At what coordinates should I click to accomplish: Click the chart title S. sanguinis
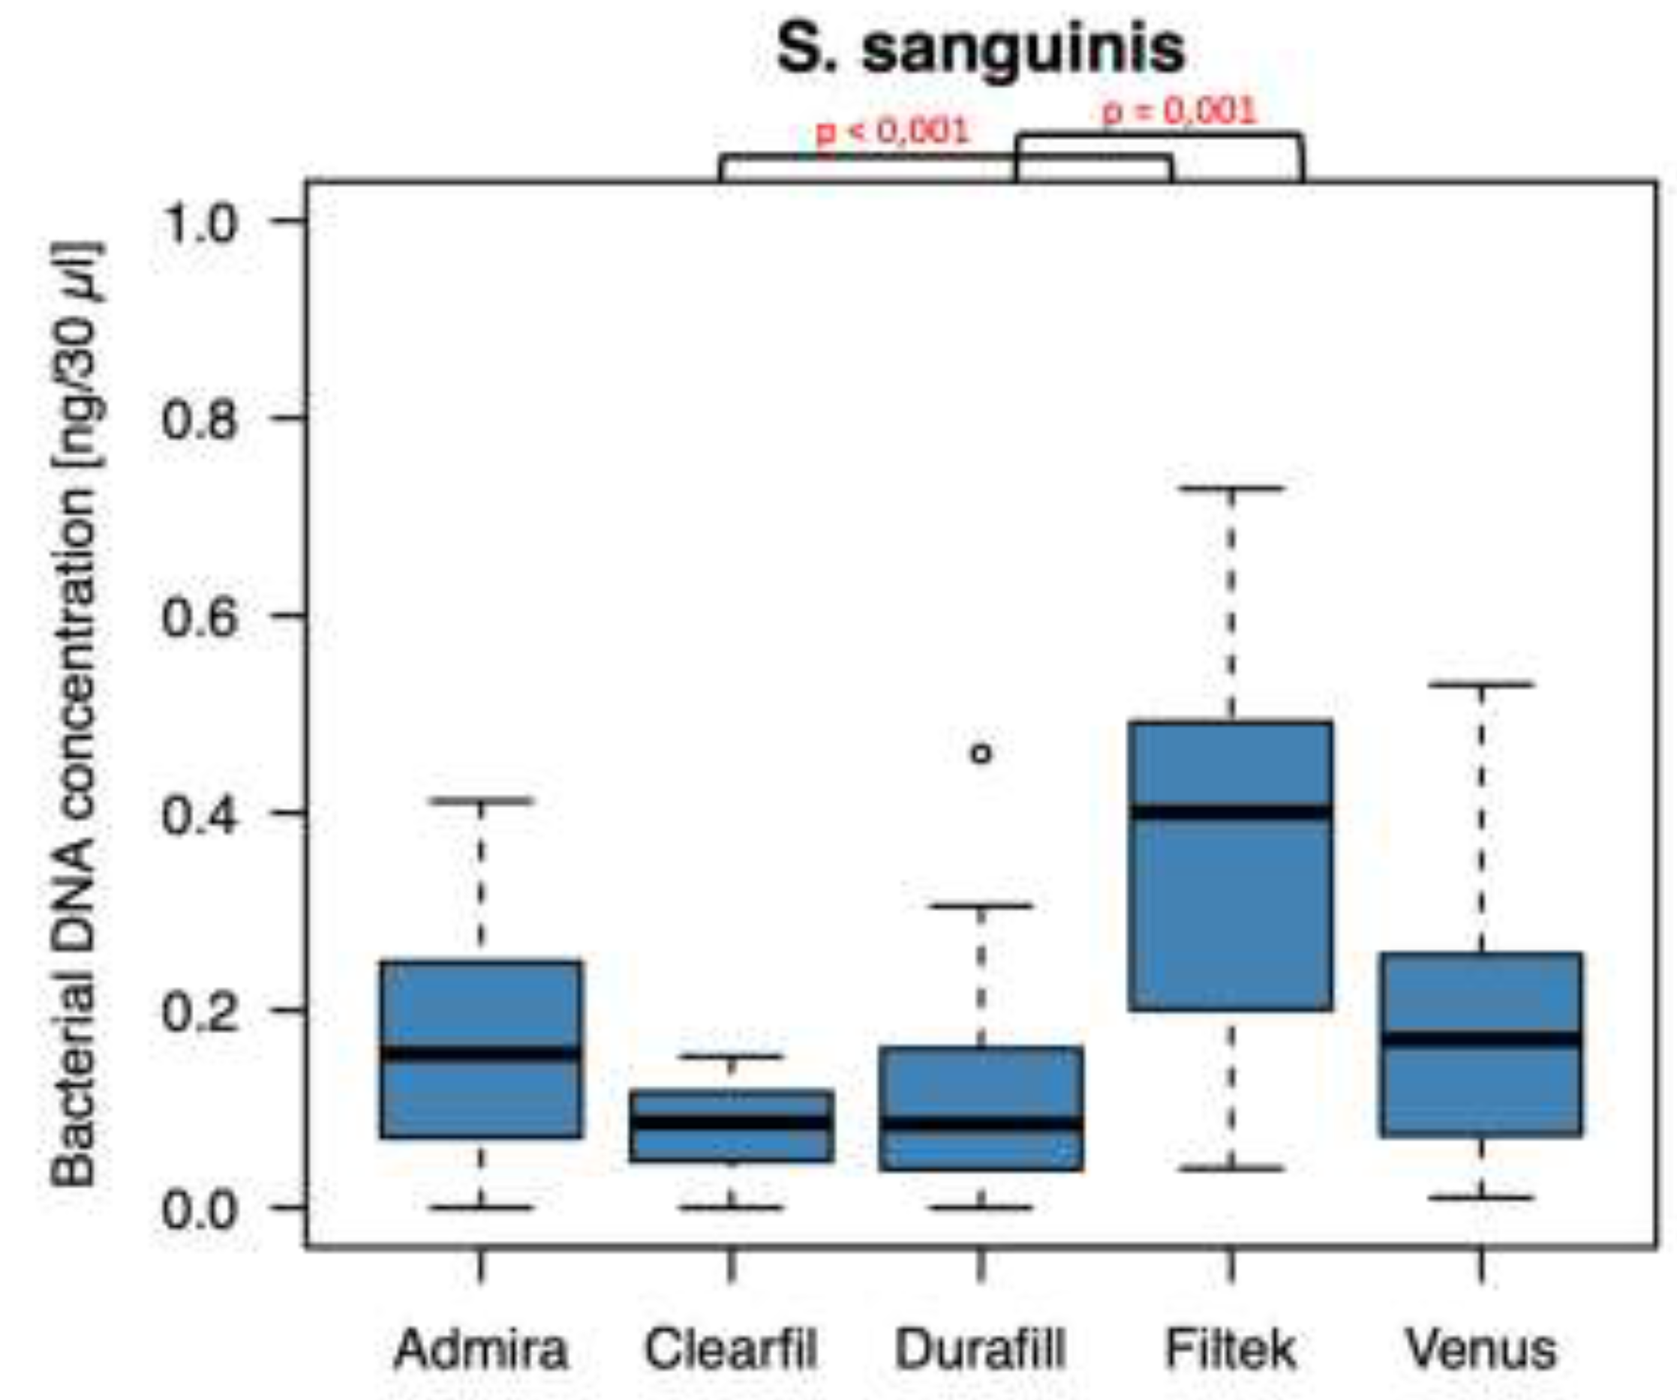981,49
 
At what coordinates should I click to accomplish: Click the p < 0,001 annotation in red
892,130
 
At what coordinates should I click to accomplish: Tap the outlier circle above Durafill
981,753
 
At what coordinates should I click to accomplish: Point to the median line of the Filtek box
1231,812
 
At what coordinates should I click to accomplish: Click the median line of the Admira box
481,1053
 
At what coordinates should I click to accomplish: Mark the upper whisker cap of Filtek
1231,487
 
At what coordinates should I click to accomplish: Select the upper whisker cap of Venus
1481,684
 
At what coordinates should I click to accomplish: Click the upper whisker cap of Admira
481,800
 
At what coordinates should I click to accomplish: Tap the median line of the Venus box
1481,1039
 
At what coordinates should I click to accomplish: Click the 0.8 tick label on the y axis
199,418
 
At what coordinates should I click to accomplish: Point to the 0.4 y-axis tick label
199,814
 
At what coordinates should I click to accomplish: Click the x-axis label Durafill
980,1349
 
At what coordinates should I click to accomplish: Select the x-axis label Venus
1481,1349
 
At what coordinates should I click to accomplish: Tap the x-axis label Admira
481,1349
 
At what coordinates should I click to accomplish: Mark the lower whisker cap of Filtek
1231,1168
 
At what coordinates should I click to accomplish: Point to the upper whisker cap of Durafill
981,906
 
